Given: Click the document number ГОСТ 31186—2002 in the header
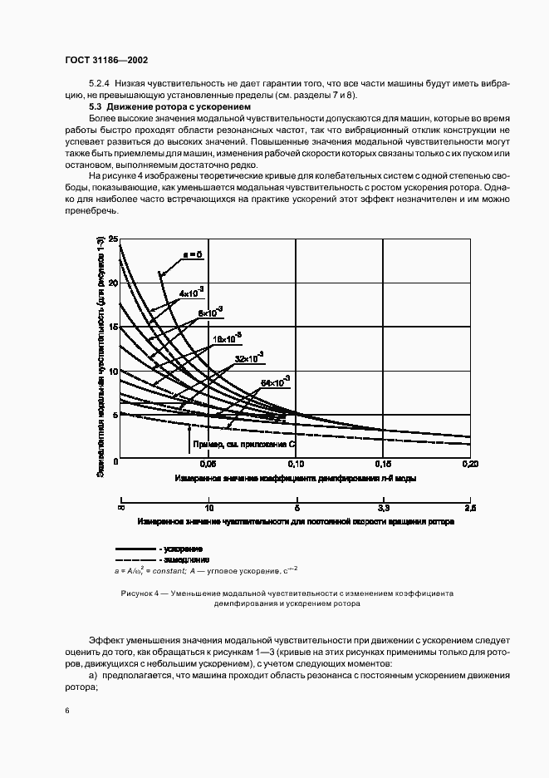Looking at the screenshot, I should click(106, 61).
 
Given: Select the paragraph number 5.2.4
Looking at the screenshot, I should click(100, 85).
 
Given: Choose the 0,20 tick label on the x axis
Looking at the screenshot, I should click(470, 464).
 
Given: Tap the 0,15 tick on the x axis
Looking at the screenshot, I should click(383, 464).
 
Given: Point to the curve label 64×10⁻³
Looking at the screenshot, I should click(276, 382).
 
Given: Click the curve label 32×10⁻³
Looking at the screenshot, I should click(249, 357).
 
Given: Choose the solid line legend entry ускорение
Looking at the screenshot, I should click(182, 550).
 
